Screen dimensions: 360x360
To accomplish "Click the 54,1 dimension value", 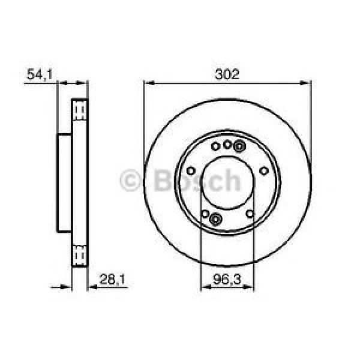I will [37, 75].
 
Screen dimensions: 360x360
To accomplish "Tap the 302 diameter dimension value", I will [227, 74].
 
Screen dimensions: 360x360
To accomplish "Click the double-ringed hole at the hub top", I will [240, 146].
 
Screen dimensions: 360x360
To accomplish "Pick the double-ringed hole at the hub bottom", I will [216, 219].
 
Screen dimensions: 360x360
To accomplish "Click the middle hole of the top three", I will [227, 144].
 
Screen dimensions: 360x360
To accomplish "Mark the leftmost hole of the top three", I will [215, 146].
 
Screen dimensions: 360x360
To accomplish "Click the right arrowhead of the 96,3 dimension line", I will [251, 286].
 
